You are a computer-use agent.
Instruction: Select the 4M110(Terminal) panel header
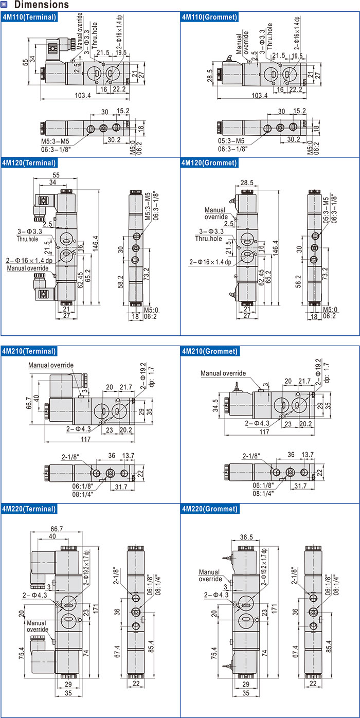click(29, 17)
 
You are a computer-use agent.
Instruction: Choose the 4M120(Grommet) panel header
click(209, 163)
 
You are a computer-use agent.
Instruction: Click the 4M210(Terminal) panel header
click(29, 351)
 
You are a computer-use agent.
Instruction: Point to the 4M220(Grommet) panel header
click(209, 509)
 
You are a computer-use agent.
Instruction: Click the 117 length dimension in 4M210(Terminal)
click(85, 439)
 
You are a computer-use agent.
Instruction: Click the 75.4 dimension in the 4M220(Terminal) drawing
click(22, 654)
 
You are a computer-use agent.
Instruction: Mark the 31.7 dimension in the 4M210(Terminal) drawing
click(121, 487)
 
